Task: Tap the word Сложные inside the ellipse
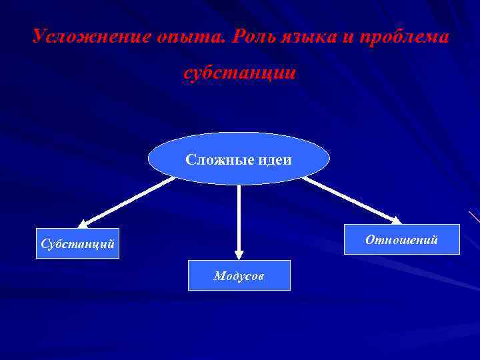[x=217, y=160]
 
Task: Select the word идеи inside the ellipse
[x=273, y=160]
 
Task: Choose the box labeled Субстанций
[x=77, y=245]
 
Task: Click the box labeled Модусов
[x=239, y=275]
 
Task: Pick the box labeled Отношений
[x=401, y=239]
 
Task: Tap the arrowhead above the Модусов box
[x=239, y=255]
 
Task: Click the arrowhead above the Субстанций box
[x=83, y=223]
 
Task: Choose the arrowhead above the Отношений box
[x=396, y=219]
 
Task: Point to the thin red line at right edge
[x=475, y=217]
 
